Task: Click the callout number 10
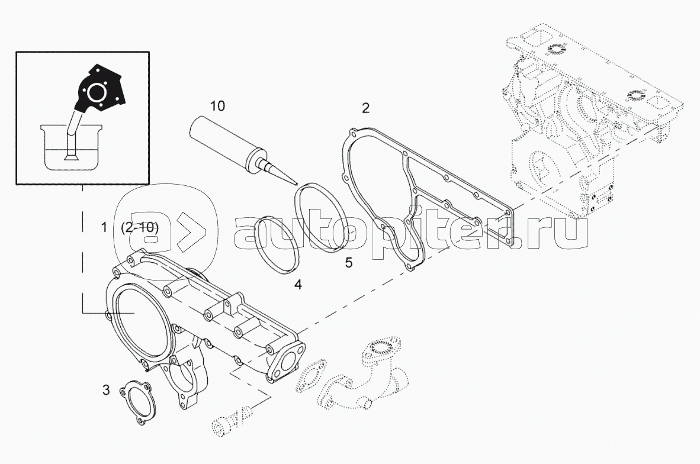217,106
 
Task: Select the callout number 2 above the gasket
366,108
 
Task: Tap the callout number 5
349,263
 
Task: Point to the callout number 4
298,285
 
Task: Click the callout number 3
106,390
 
